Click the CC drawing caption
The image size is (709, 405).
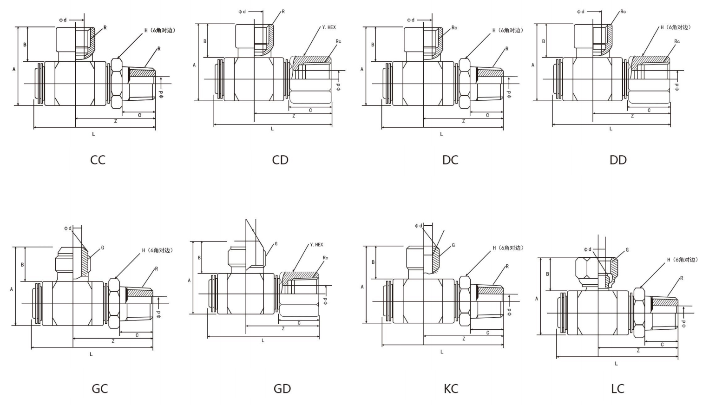pos(98,160)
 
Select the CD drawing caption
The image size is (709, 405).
pos(280,160)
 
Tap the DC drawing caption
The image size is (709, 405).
pos(450,160)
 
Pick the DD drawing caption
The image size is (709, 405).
pos(618,160)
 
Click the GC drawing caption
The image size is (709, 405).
pos(99,388)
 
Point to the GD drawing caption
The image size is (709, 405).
pos(282,388)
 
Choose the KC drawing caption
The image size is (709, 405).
pos(451,388)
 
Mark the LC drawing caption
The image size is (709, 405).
pos(617,388)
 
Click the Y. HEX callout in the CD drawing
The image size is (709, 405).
pos(328,28)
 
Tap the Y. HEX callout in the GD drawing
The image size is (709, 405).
pos(316,245)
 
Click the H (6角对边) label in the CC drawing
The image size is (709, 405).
pos(160,31)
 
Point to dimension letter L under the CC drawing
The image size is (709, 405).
pos(93,134)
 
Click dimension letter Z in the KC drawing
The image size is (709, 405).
pos(464,339)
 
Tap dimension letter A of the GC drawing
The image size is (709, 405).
pos(12,289)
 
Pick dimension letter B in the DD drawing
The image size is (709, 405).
pos(543,41)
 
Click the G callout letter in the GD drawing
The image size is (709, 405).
pos(276,244)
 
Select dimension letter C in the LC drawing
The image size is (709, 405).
pos(662,345)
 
